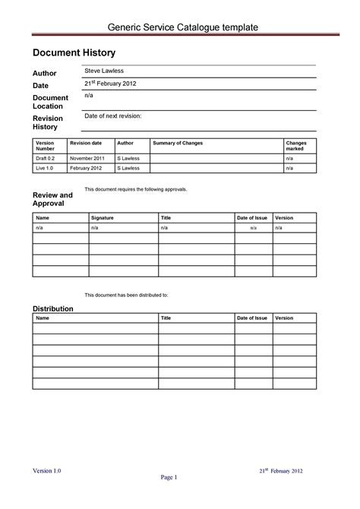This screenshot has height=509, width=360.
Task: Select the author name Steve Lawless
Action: point(104,70)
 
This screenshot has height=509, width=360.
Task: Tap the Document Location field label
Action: point(50,102)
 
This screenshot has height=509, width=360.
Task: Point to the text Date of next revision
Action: point(113,116)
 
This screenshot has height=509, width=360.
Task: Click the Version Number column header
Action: point(46,146)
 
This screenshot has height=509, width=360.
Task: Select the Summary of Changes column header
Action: point(178,143)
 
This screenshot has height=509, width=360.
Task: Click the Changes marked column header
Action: point(295,146)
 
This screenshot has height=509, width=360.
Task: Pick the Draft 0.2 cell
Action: point(45,158)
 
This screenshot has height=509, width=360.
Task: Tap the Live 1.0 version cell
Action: point(45,169)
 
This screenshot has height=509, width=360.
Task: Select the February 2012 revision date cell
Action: point(85,169)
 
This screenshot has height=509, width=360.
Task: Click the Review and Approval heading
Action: point(52,200)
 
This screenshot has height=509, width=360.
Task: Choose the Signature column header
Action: point(102,217)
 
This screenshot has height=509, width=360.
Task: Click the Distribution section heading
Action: point(52,308)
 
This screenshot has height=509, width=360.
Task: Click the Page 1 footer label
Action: point(169,478)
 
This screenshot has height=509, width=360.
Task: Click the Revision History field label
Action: point(47,122)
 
